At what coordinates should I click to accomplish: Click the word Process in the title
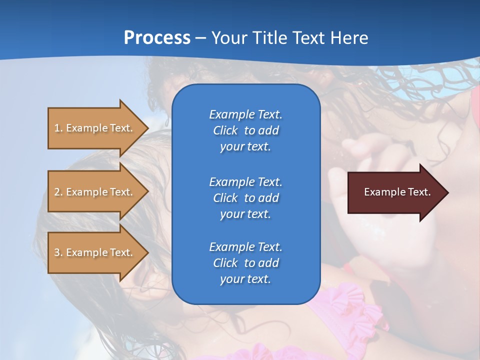pos(157,38)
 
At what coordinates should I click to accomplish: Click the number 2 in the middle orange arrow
pos(57,192)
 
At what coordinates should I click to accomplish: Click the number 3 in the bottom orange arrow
pos(57,252)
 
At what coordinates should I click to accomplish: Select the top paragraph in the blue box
pos(245,130)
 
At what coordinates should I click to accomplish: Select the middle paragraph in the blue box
pos(245,198)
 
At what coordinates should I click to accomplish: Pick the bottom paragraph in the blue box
pos(245,263)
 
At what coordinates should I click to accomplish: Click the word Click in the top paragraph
pos(225,130)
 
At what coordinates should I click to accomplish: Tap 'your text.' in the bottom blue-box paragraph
pos(245,279)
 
